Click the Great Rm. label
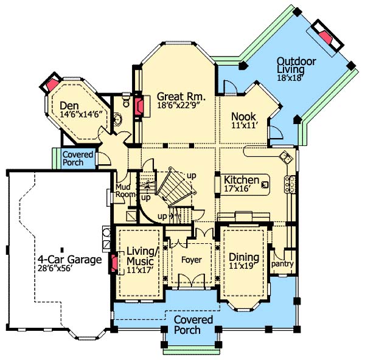point(181,96)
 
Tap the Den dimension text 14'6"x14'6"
point(82,114)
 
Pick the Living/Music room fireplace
point(114,263)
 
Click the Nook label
point(243,117)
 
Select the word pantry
point(282,264)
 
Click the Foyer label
point(192,260)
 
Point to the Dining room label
point(244,257)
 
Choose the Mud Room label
point(125,190)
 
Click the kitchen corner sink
point(286,157)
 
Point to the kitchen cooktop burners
point(290,184)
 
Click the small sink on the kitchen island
point(265,185)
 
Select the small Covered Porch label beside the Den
point(78,159)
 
